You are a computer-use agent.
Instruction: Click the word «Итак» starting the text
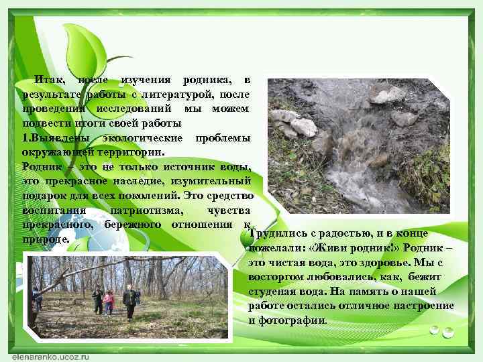pyautogui.click(x=49, y=80)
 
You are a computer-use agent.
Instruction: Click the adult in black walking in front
pyautogui.click(x=129, y=302)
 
